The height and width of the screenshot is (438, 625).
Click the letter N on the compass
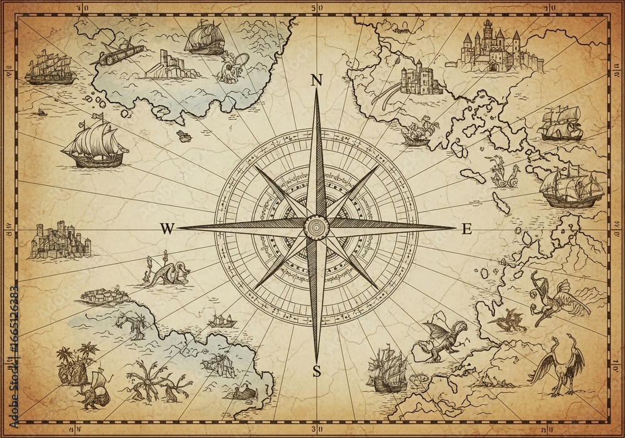(316, 80)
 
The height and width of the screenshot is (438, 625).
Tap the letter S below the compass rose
(316, 370)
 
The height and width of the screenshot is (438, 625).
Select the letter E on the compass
(466, 229)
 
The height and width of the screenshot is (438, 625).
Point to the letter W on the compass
(166, 229)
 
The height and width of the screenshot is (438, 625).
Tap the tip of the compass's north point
(316, 92)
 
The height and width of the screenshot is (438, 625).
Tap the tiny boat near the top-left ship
(42, 112)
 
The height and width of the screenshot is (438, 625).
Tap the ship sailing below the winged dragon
(386, 372)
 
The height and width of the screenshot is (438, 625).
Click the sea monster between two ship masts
(162, 272)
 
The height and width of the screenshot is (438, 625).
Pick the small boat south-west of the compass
(221, 320)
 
